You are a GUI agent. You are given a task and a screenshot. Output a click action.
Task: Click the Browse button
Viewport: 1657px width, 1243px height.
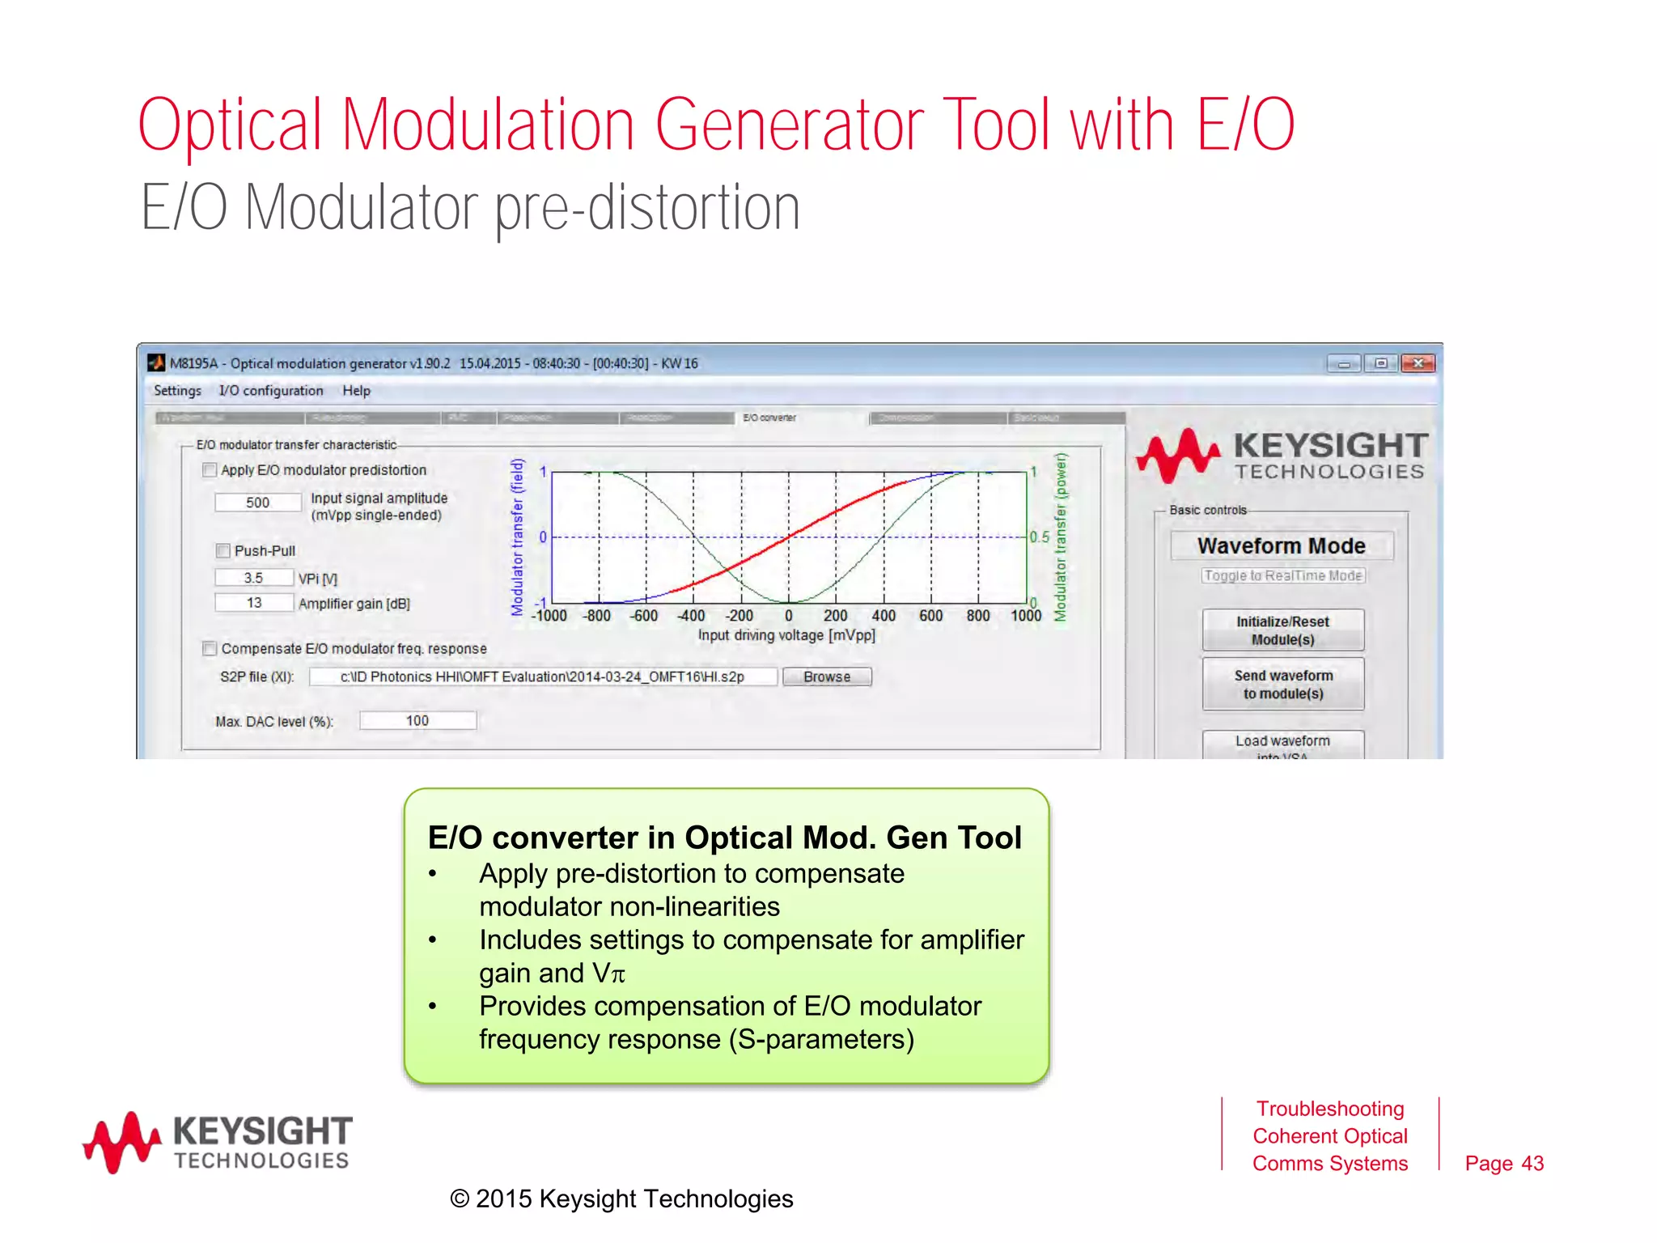[826, 677]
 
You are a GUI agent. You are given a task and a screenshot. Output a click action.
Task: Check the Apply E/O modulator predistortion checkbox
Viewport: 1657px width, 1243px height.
[210, 470]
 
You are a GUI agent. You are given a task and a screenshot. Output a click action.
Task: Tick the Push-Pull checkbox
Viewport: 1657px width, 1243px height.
[223, 551]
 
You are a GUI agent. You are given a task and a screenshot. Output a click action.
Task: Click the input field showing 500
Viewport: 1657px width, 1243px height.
[257, 503]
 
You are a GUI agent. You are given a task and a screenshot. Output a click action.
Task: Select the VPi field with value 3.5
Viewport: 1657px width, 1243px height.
[253, 578]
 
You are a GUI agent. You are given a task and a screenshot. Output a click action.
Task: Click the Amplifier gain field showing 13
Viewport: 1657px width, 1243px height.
[253, 603]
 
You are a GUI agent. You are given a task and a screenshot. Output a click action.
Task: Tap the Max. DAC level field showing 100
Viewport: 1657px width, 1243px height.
[417, 720]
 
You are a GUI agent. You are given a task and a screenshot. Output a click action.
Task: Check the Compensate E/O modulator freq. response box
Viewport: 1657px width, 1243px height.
[210, 648]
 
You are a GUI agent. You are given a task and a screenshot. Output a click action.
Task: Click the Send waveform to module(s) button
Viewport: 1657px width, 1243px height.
[1282, 684]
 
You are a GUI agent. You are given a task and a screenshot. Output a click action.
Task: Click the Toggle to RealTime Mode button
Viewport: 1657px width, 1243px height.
[1282, 575]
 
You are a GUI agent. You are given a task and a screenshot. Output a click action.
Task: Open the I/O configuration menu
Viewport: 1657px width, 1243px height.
[270, 391]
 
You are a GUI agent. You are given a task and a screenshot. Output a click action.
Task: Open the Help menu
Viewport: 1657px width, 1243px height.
[356, 391]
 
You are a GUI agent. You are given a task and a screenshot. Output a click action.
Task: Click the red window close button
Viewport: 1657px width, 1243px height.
[1418, 363]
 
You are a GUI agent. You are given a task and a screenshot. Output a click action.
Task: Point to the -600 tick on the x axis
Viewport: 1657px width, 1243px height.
[645, 616]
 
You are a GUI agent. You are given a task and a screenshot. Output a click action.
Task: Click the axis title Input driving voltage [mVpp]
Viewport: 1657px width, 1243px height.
[786, 635]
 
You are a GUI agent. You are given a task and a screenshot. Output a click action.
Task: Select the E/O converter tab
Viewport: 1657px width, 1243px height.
[769, 418]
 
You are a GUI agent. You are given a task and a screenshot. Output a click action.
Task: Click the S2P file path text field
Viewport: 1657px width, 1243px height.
[542, 677]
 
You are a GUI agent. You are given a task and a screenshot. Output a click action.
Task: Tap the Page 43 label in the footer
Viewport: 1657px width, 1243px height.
[1503, 1163]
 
